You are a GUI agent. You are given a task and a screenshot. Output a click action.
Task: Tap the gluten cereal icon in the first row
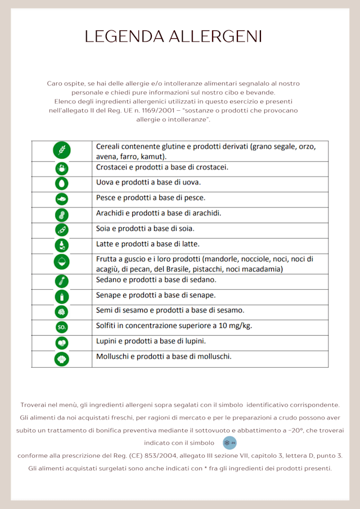61,150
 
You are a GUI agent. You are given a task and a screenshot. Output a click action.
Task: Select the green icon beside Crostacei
61,168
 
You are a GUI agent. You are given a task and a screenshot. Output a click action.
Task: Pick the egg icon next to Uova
61,183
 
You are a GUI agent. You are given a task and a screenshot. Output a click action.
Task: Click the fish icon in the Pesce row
61,199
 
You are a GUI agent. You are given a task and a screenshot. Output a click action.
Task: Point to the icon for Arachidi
61,214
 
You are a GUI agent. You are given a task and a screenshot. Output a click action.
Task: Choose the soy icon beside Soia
61,229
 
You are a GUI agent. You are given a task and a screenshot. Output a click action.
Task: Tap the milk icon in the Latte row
61,245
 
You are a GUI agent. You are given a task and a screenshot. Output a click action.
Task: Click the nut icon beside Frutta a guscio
61,262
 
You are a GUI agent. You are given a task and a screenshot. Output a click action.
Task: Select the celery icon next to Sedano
61,281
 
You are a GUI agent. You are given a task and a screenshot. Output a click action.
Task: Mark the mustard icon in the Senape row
61,296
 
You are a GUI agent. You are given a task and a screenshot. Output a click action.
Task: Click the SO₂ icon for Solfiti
61,327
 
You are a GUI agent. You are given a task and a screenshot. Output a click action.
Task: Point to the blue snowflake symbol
229,443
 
